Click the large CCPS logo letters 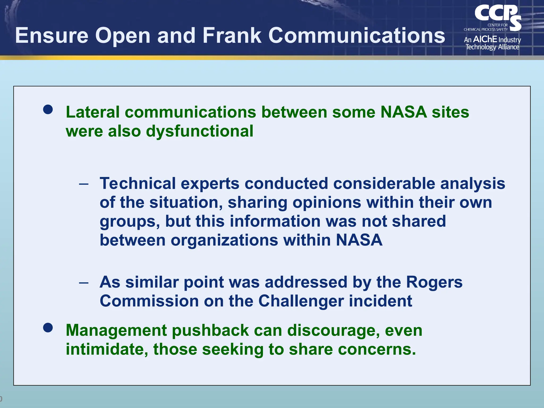[497, 15]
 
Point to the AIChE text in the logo [485, 39]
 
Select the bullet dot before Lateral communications [48, 109]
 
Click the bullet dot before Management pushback [48, 328]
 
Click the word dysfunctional [199, 131]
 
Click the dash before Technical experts [84, 184]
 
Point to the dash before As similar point [84, 282]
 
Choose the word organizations [224, 240]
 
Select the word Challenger [301, 301]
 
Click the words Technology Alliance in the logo [492, 47]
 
